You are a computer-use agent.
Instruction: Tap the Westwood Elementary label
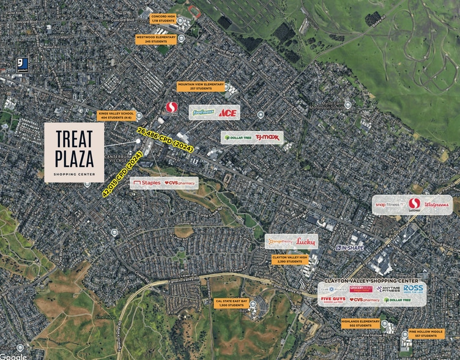point(156,39)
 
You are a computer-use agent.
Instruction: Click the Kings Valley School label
point(115,116)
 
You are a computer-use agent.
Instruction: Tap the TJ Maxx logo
point(267,137)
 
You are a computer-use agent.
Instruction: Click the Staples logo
point(147,182)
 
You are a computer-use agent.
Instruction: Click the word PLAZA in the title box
point(73,159)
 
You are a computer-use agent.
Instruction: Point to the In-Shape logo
point(349,248)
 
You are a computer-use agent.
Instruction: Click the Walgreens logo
point(437,204)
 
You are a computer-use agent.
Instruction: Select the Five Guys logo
point(333,300)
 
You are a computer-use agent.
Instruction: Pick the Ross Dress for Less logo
point(414,288)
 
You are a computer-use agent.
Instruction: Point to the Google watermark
point(13,356)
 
